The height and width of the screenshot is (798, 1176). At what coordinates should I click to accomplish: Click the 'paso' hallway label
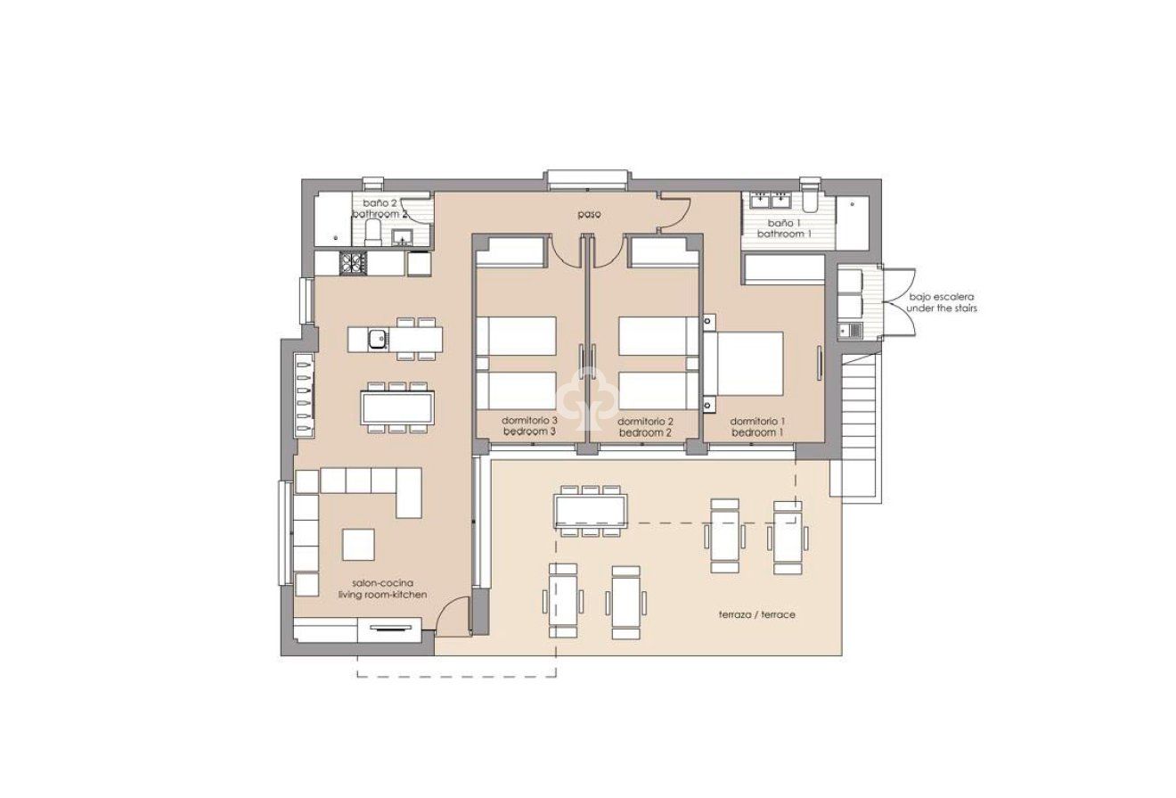[588, 215]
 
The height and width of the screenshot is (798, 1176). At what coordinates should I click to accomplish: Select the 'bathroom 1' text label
[784, 234]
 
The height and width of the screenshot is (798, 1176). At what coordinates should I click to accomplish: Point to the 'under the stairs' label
[942, 309]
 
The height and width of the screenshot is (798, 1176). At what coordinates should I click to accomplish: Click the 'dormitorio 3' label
[529, 421]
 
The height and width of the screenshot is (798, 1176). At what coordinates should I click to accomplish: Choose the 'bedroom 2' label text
[644, 432]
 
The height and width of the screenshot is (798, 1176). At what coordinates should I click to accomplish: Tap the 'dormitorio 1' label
[757, 421]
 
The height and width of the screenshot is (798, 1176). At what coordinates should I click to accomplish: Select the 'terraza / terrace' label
[756, 615]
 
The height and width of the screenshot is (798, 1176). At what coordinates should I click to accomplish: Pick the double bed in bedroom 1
[747, 363]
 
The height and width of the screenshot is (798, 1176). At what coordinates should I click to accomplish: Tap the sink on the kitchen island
[378, 338]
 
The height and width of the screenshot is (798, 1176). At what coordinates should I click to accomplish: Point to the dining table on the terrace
[590, 511]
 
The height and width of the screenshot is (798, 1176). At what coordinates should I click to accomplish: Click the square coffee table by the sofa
[358, 544]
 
